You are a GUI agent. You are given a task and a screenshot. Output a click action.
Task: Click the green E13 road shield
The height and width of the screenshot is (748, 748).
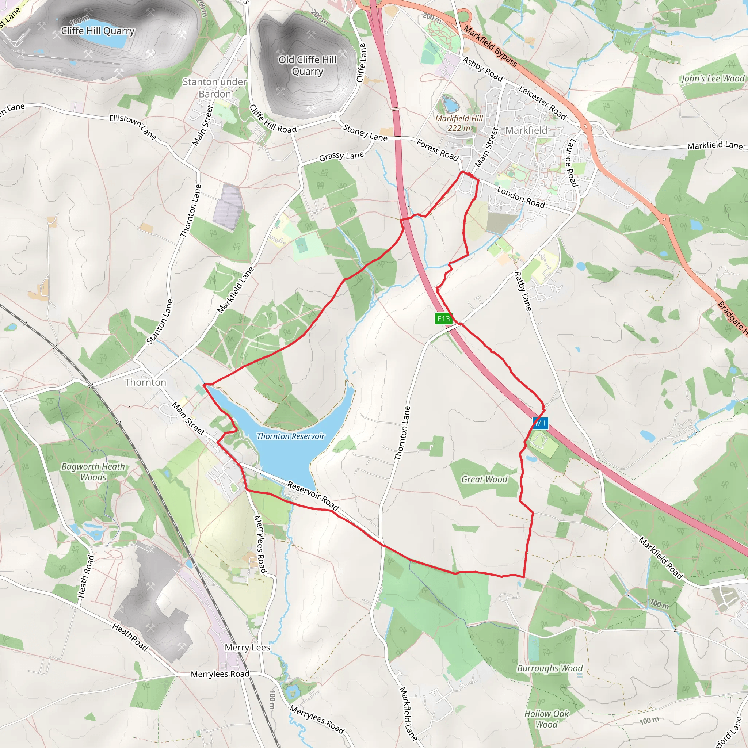[x=443, y=318]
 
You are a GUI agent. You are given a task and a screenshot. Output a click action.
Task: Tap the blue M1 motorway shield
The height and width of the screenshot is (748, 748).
[x=540, y=423]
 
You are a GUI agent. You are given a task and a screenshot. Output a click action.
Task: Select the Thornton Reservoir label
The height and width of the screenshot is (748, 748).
[x=290, y=436]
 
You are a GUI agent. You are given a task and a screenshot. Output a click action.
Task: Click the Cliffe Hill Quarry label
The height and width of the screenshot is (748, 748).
[x=98, y=31]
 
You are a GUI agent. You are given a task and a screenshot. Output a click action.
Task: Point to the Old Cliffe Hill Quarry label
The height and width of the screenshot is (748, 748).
[x=308, y=65]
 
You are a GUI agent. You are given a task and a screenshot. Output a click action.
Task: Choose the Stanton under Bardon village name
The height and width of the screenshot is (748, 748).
[x=214, y=88]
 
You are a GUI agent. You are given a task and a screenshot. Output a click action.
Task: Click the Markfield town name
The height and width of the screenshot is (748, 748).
[x=526, y=130]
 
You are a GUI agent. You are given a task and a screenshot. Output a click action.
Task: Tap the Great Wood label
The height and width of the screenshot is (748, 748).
[x=484, y=479]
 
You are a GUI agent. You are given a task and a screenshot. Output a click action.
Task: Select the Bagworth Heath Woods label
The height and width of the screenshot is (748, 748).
[x=93, y=472]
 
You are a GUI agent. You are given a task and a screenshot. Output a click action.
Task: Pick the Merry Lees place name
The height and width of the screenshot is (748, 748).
[x=247, y=647]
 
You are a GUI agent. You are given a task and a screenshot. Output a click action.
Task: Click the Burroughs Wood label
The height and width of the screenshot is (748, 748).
[x=550, y=668]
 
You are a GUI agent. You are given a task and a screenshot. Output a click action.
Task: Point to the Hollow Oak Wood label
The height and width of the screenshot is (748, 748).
[x=546, y=719]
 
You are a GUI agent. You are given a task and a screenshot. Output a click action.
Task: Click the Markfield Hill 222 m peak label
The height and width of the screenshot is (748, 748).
[x=459, y=123]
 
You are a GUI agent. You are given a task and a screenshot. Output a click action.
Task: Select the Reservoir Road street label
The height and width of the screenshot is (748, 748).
[x=313, y=496]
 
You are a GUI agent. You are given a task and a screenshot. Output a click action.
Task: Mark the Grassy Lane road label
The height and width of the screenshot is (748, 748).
[x=341, y=156]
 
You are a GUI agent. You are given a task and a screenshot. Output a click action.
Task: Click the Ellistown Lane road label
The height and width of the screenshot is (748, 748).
[x=133, y=127]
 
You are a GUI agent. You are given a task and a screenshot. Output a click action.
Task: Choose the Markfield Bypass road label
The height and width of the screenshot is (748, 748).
[x=490, y=46]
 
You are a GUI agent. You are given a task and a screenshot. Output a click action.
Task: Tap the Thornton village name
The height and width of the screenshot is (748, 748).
[x=145, y=382]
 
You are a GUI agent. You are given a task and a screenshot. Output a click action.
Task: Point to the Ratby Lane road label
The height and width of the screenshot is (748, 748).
[x=523, y=291]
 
